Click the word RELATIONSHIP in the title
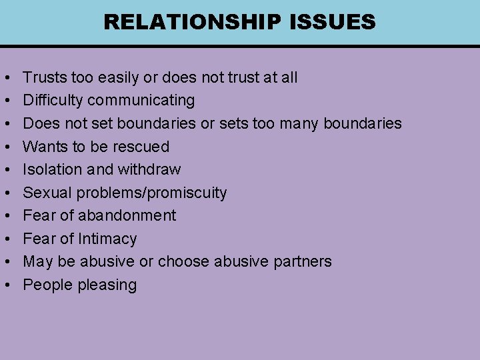(190, 22)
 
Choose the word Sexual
(47, 193)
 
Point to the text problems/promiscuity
(151, 193)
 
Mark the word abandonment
(127, 215)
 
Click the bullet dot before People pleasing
(6, 285)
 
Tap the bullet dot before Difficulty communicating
(6, 101)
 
